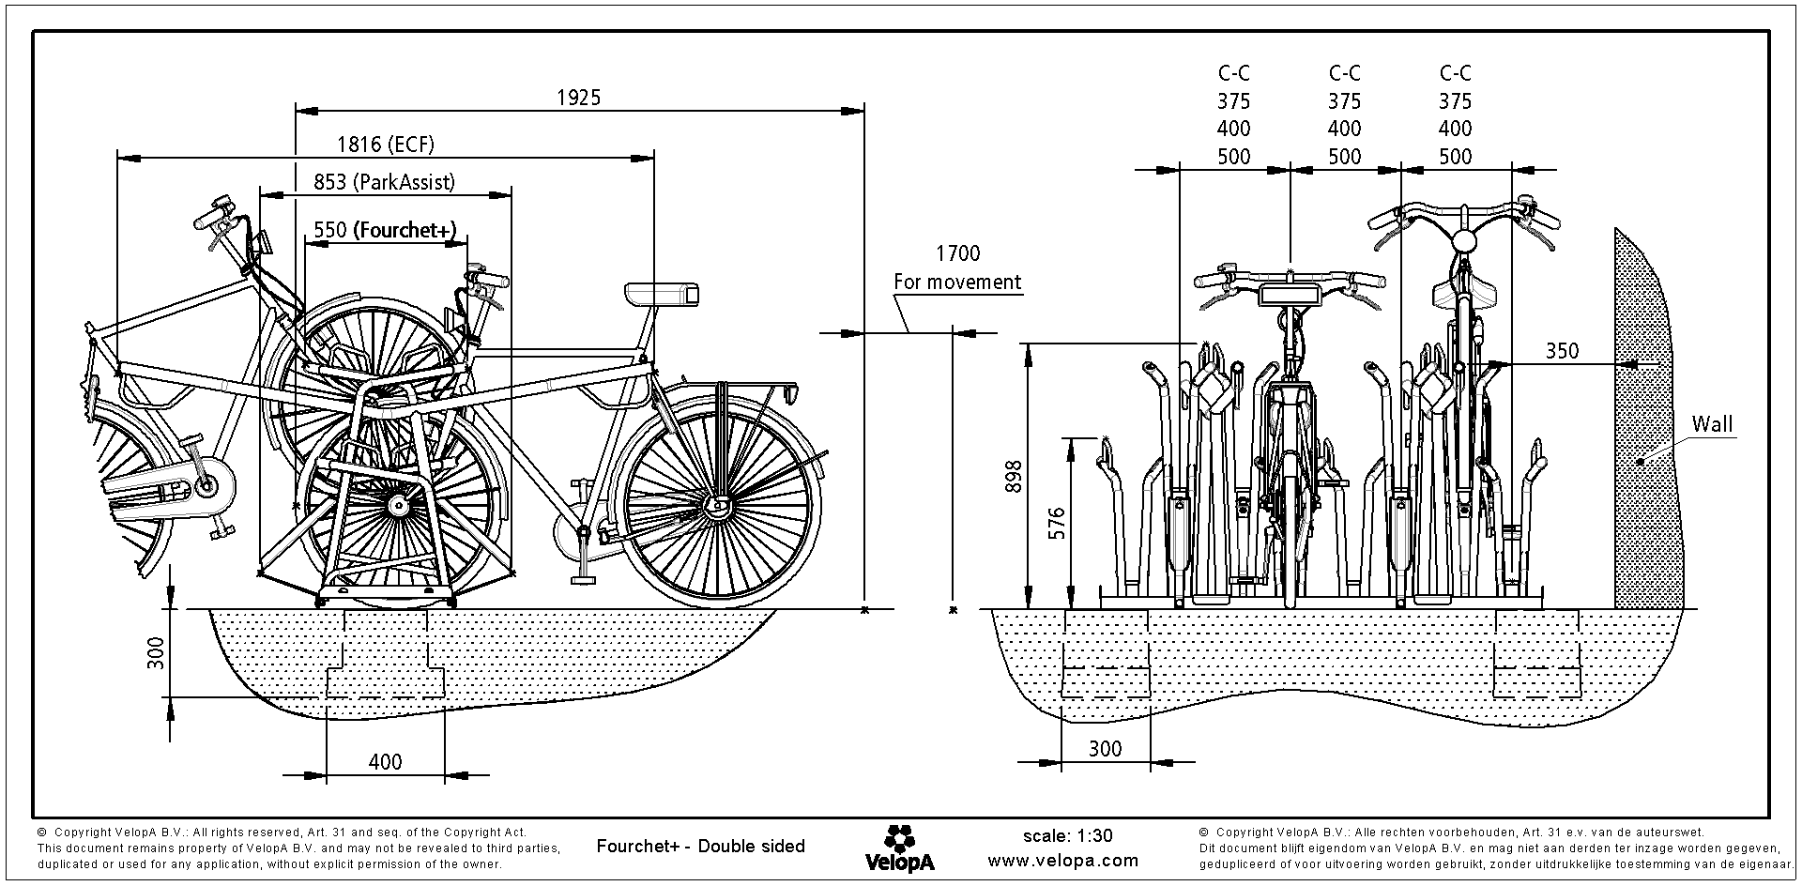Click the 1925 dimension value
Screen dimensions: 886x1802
pos(578,98)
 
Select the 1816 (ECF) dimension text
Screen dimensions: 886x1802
pos(386,145)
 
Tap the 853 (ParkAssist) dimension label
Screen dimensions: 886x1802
pos(384,182)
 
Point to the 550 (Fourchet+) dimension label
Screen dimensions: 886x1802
pos(385,230)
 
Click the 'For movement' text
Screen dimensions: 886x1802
pos(957,282)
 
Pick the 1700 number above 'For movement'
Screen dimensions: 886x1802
pos(957,253)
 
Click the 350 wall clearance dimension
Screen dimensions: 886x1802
pos(1563,351)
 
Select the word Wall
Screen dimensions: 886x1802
pos(1712,424)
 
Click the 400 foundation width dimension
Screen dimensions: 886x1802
pos(385,762)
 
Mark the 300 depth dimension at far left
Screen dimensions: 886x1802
pos(157,652)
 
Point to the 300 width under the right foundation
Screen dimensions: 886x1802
pos(1105,749)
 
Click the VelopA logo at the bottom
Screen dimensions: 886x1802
pos(899,848)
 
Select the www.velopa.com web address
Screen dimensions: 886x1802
pos(1063,861)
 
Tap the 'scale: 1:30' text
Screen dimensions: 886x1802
pos(1067,836)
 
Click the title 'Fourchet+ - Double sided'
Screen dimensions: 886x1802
pos(700,847)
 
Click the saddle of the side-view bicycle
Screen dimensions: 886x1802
pos(663,293)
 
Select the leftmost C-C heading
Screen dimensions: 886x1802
pos(1234,73)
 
